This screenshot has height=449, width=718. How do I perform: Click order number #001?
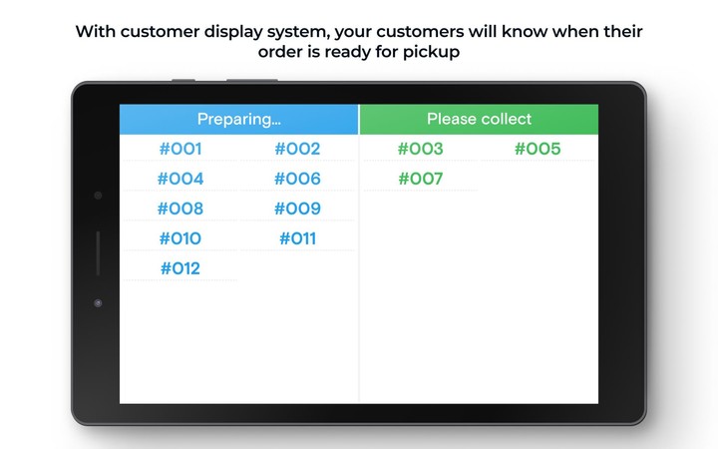click(180, 150)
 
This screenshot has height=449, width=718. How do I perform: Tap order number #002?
click(297, 150)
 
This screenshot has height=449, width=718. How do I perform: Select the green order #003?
click(420, 150)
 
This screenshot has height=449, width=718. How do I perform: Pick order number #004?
click(180, 180)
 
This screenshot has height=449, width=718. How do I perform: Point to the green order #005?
click(538, 150)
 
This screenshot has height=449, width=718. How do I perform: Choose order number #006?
click(297, 180)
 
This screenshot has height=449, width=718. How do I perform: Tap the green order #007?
click(420, 180)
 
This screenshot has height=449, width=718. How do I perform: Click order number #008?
click(180, 210)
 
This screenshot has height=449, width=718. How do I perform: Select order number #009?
click(297, 210)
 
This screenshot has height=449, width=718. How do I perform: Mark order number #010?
click(180, 239)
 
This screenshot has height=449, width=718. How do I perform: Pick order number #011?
click(297, 239)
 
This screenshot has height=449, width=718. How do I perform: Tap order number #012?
click(180, 269)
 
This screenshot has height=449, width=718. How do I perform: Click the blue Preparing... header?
click(239, 120)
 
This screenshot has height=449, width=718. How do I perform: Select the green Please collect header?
click(479, 120)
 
